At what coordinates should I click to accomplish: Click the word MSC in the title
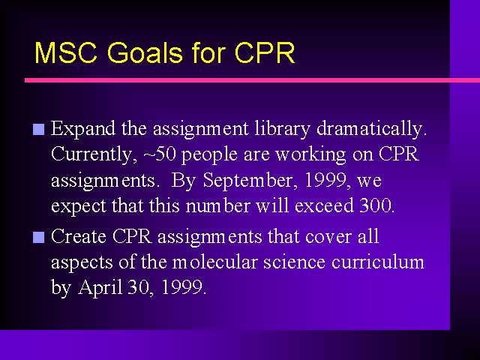point(66,52)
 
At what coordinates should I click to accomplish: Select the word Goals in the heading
point(145,52)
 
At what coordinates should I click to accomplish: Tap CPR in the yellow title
point(265,52)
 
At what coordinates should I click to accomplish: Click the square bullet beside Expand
point(38,130)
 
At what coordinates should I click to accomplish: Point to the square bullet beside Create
point(38,237)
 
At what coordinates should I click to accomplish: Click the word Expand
point(83,129)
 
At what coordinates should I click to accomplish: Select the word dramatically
point(372,129)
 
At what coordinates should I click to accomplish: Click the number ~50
point(160,154)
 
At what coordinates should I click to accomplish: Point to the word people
point(209,154)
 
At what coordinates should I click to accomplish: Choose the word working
point(310,154)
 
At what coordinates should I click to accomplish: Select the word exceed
point(324,205)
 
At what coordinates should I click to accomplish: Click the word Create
point(79,237)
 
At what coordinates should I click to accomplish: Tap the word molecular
point(214,262)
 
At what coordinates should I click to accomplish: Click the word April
point(100,288)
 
